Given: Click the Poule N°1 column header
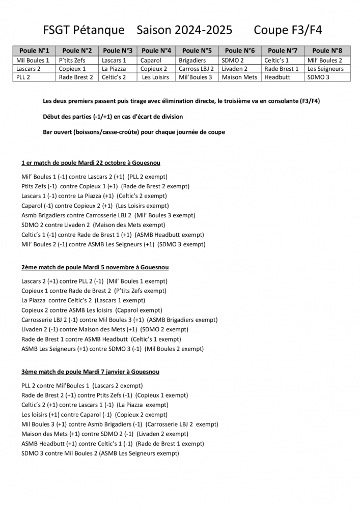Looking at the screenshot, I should [34, 50].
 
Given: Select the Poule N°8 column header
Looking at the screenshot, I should [327, 50].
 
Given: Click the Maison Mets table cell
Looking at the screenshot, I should [239, 77].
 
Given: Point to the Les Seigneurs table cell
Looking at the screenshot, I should [325, 69].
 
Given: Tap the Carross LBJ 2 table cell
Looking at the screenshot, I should [197, 69].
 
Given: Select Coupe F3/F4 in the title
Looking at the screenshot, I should [288, 30].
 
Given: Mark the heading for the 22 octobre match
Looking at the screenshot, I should [91, 162].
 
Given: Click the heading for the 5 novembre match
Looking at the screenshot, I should [95, 267].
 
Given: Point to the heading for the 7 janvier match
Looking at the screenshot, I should [90, 372].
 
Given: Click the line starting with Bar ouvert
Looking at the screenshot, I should [134, 132].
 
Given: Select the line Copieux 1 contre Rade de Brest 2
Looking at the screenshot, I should [94, 291].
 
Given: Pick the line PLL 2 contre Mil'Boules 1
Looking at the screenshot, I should [82, 385].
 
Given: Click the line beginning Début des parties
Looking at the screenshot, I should [113, 117].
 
